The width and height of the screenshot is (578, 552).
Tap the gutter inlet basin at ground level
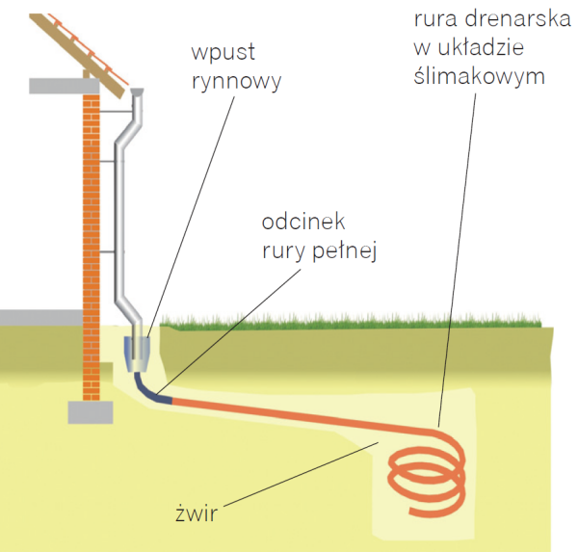click(x=141, y=355)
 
